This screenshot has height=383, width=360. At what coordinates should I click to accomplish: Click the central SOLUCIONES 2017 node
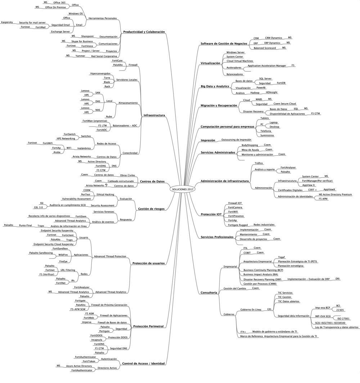[183, 189]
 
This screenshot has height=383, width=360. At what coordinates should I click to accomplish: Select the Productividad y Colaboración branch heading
[144, 32]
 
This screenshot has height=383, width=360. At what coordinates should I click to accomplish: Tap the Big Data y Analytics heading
[215, 87]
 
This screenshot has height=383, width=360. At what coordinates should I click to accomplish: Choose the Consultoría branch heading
[209, 293]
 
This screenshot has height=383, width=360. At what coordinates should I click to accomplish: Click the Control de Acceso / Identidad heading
[144, 364]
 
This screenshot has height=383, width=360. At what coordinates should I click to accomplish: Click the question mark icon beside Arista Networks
[106, 185]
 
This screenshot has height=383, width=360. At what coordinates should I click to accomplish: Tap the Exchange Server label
[60, 31]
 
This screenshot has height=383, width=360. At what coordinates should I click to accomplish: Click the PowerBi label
[261, 87]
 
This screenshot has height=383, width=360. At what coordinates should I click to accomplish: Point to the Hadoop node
[255, 92]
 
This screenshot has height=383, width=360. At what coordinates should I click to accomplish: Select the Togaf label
[282, 257]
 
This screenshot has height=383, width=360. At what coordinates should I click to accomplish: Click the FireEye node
[63, 262]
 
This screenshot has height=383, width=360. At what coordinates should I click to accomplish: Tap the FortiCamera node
[235, 208]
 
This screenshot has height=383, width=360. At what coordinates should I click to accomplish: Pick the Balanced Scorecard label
[265, 48]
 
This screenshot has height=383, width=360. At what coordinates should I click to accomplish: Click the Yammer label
[80, 56]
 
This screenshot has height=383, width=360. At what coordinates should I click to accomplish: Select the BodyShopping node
[250, 145]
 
